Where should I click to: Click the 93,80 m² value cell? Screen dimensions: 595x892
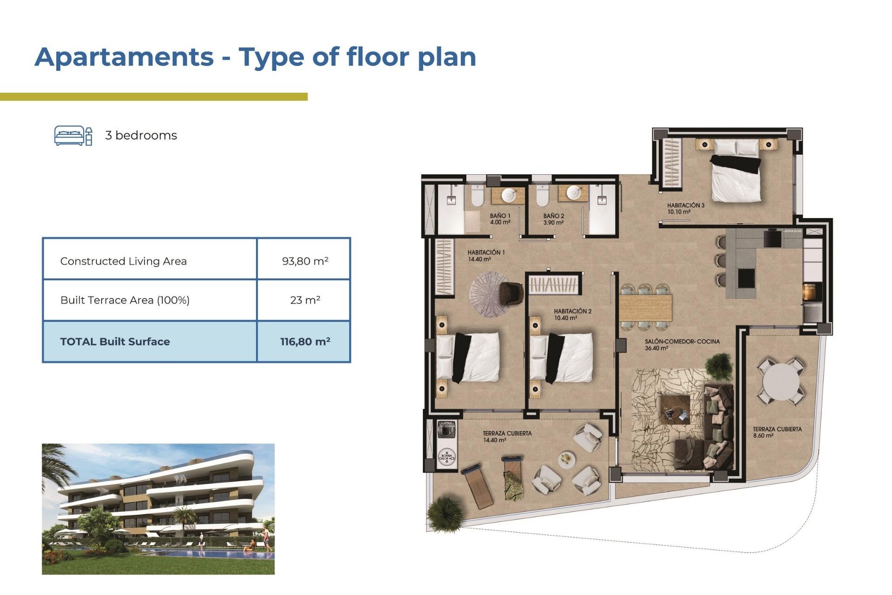(305, 261)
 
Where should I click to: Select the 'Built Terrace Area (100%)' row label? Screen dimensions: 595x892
(125, 300)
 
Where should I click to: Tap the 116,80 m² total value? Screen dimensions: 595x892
(305, 342)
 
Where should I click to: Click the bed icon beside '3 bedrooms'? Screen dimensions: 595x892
(73, 135)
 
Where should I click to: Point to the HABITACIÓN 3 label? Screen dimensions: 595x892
(685, 208)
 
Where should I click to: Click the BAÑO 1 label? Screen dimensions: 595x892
(500, 219)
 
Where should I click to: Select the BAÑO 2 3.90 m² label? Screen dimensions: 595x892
(553, 219)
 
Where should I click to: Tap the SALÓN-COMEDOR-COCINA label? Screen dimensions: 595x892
(682, 344)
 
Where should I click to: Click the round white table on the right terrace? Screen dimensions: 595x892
(780, 382)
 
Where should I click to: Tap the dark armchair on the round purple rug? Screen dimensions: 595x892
(511, 294)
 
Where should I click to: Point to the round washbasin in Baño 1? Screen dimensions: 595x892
(509, 195)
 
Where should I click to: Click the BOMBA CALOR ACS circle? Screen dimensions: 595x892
(446, 456)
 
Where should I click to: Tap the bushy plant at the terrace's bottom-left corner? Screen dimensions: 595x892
(446, 513)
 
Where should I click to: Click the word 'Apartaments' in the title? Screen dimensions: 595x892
(124, 57)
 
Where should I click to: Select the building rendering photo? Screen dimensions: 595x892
(158, 509)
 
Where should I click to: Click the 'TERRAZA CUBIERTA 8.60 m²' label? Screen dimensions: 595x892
(777, 432)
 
